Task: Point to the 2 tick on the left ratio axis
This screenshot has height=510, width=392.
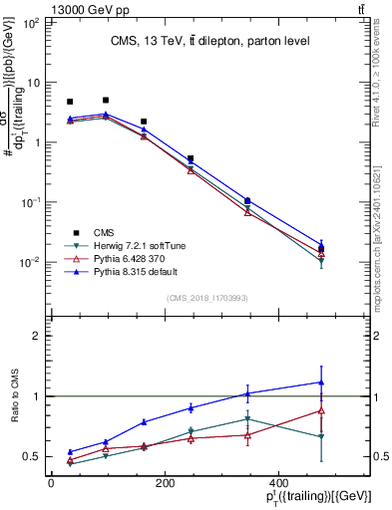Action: click(37, 336)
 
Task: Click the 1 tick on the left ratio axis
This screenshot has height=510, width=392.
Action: click(37, 396)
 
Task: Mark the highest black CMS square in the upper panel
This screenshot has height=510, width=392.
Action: click(106, 100)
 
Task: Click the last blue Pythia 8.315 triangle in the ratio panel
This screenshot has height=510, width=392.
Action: click(321, 382)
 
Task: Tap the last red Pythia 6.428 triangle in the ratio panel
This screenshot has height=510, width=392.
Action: click(321, 410)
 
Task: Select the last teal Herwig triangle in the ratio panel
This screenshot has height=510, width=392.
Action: click(321, 436)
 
